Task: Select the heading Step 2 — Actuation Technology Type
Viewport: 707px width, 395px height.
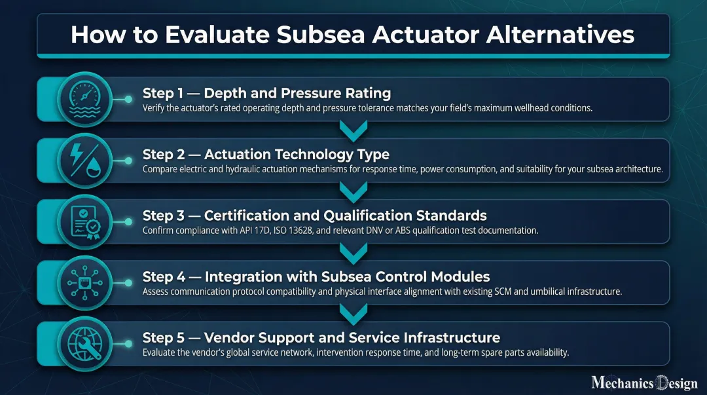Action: (266, 155)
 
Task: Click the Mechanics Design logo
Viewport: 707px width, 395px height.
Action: (644, 382)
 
